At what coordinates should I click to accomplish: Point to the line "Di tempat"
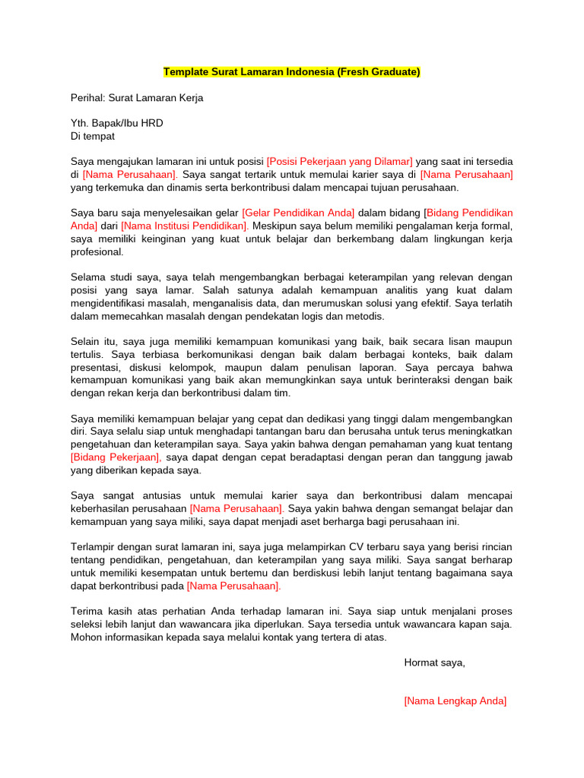(x=93, y=136)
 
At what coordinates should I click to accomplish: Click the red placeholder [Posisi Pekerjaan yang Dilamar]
(x=339, y=162)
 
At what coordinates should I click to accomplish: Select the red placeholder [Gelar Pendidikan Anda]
(x=298, y=213)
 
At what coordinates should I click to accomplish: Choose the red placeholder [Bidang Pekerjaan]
(x=116, y=457)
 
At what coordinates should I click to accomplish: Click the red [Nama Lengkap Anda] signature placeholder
(x=455, y=701)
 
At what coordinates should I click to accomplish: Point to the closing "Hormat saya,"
(x=434, y=663)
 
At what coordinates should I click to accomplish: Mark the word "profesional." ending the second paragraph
(x=97, y=251)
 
